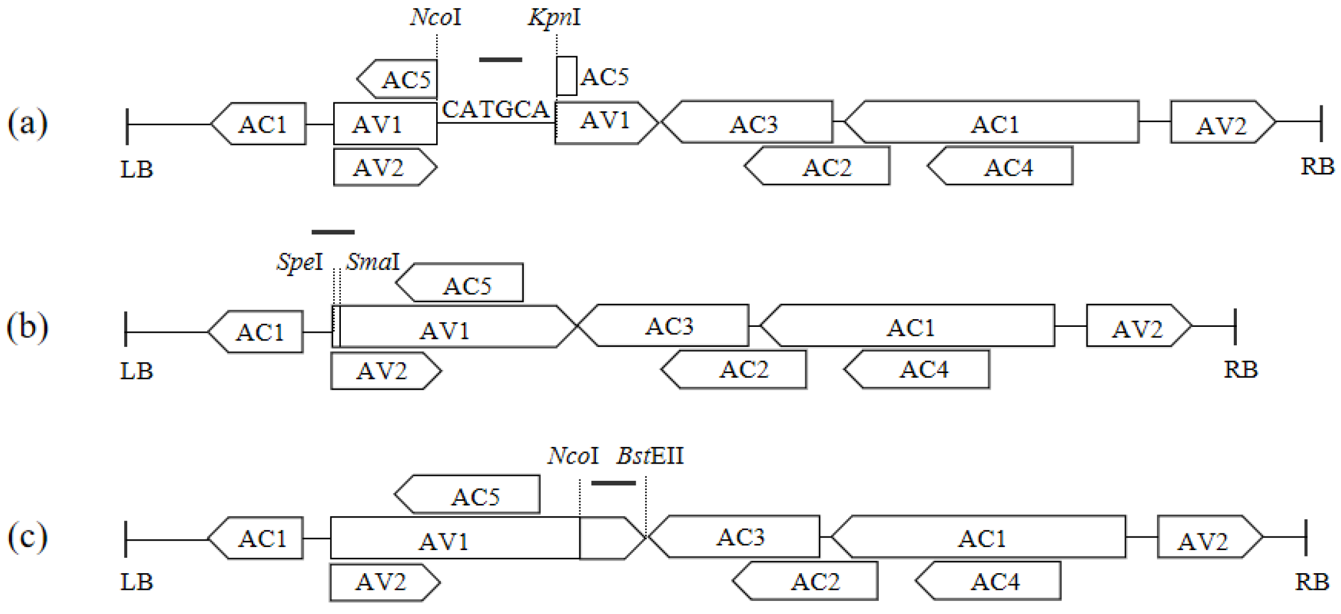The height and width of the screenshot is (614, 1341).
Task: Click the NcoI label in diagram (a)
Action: click(x=436, y=17)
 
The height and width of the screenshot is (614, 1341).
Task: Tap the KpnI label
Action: click(x=554, y=17)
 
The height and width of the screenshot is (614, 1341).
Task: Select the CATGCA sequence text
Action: click(x=495, y=110)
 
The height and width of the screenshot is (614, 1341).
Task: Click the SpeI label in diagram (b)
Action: click(x=300, y=261)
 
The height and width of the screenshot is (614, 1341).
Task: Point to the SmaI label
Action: click(x=373, y=261)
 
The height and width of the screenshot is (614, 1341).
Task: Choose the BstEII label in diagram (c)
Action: click(x=650, y=456)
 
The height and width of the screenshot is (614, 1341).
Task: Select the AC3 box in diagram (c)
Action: click(x=736, y=536)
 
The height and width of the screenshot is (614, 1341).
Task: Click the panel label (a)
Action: click(x=27, y=123)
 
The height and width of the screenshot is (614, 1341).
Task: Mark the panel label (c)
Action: click(x=27, y=538)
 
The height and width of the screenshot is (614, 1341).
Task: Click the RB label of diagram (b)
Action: click(x=1240, y=370)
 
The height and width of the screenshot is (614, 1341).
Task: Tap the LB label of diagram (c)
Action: click(x=137, y=582)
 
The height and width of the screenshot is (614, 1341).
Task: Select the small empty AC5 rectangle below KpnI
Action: click(x=566, y=76)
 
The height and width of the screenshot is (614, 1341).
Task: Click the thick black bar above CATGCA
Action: click(x=501, y=60)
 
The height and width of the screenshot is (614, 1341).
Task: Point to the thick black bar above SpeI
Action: click(x=333, y=232)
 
